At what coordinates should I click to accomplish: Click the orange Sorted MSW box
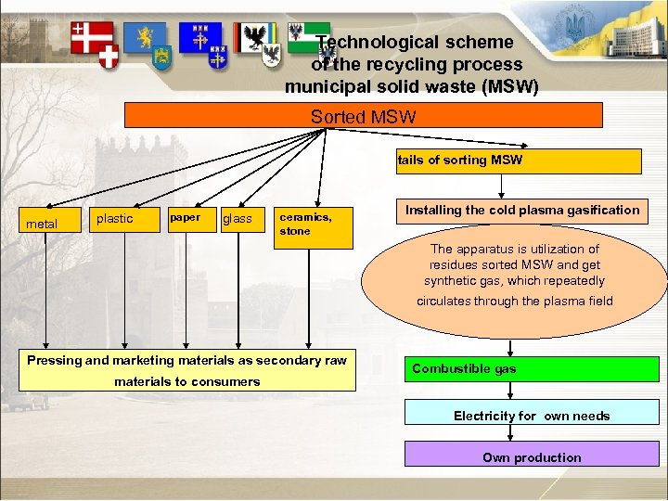364,115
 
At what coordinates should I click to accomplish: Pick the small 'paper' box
188,218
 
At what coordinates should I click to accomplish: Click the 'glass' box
240,219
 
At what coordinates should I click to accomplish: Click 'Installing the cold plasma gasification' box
522,211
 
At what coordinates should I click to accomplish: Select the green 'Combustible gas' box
474,369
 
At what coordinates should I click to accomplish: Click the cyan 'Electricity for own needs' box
532,416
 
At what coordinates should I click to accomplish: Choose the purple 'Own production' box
532,456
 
